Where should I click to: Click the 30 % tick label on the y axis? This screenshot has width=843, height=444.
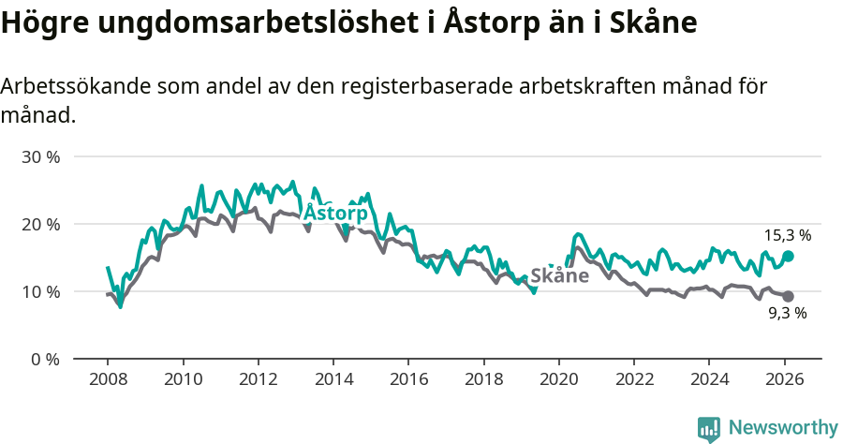click(x=40, y=156)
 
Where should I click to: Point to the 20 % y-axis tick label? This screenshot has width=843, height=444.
click(x=40, y=224)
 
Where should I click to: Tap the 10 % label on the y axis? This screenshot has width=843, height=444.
click(x=40, y=291)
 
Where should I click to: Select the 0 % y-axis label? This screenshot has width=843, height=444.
click(x=44, y=359)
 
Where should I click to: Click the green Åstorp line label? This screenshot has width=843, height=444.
click(x=335, y=213)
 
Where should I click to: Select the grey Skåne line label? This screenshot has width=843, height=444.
click(x=559, y=275)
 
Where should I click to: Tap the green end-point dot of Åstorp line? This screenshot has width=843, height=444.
click(x=788, y=256)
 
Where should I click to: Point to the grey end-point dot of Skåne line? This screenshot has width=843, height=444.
click(x=788, y=296)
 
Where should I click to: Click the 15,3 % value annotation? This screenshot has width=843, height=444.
click(x=788, y=235)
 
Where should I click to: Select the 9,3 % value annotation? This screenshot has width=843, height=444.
click(x=787, y=314)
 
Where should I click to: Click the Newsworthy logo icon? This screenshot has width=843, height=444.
click(x=709, y=428)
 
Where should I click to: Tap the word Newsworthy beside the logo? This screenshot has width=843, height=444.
click(x=782, y=428)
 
